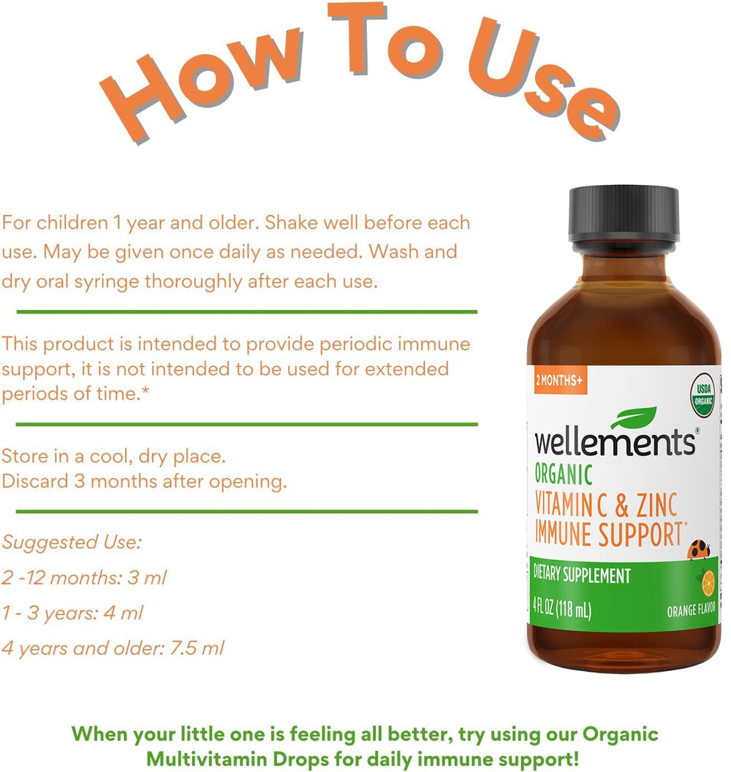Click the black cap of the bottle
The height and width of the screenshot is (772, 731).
pyautogui.click(x=624, y=214)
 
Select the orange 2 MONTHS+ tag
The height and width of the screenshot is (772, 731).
pyautogui.click(x=560, y=380)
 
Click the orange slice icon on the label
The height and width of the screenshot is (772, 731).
pyautogui.click(x=708, y=583)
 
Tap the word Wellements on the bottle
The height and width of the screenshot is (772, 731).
pyautogui.click(x=615, y=442)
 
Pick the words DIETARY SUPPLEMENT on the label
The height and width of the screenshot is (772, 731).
pyautogui.click(x=583, y=576)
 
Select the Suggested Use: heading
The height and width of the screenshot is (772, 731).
pyautogui.click(x=72, y=542)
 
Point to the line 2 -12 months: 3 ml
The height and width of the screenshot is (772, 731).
pyautogui.click(x=84, y=578)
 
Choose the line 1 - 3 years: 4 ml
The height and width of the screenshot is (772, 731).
pyautogui.click(x=72, y=613)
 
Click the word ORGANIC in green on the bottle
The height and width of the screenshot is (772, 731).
pyautogui.click(x=564, y=474)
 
